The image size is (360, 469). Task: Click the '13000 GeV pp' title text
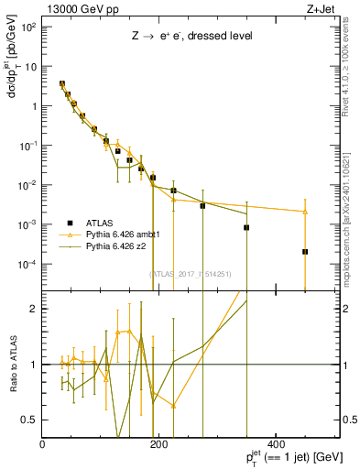[x=75, y=8]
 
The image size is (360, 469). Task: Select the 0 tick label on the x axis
[x=43, y=443]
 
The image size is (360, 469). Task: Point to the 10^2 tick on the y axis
[x=29, y=27]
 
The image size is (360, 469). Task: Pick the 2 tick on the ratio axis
[x=36, y=309]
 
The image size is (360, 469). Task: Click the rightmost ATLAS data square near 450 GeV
[x=305, y=251]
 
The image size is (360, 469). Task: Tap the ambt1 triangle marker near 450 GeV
[x=305, y=212]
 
